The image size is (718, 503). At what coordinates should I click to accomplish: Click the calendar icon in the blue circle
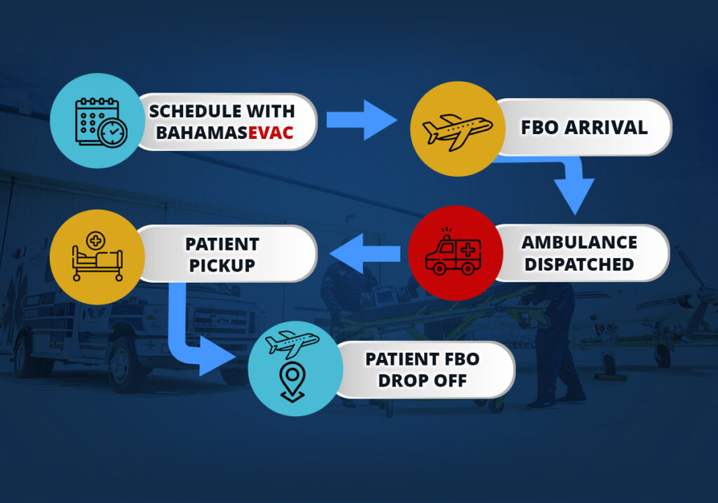click(x=97, y=121)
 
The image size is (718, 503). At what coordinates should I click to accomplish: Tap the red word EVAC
click(x=271, y=132)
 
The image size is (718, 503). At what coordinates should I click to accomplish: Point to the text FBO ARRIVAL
click(x=583, y=128)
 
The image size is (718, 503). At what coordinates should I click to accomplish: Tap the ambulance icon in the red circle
click(x=454, y=253)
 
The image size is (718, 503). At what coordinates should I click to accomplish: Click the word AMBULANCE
click(x=579, y=242)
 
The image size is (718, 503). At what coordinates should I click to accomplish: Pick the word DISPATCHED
click(x=579, y=264)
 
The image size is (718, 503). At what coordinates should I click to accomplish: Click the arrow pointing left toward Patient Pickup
click(x=365, y=253)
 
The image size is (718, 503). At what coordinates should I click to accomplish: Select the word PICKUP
click(x=222, y=266)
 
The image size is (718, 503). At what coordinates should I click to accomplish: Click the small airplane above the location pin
click(x=292, y=344)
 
